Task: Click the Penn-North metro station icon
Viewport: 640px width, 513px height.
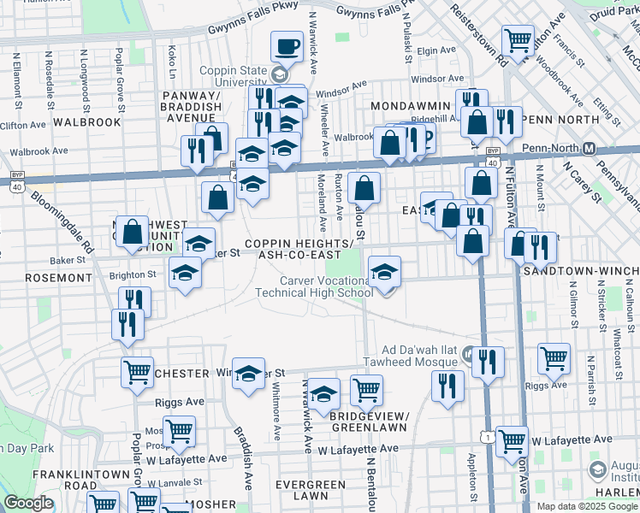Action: (x=589, y=148)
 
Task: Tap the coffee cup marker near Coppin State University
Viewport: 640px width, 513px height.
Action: (x=287, y=47)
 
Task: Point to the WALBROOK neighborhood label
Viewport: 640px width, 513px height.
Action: (x=86, y=122)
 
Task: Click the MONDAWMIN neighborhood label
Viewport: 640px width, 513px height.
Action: (x=411, y=105)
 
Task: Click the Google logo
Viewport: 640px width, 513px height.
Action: (x=28, y=503)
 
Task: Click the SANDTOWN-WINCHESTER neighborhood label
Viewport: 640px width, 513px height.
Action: (x=581, y=269)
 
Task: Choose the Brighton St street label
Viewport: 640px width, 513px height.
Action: (x=132, y=276)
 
